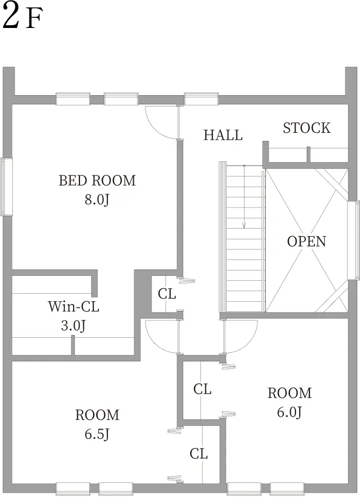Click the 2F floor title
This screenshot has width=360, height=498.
tap(22, 17)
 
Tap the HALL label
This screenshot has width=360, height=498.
tap(223, 135)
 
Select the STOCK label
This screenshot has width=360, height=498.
tap(307, 128)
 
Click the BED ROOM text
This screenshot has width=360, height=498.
tap(97, 180)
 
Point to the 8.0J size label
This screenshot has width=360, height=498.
tap(97, 200)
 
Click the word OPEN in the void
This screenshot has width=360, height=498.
tap(306, 241)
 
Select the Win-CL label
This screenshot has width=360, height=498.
tap(74, 307)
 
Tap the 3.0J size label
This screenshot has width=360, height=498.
tap(73, 325)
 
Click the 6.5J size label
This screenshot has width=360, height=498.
tap(97, 434)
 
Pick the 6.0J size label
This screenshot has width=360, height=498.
tap(289, 412)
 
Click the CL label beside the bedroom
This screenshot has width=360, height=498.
tap(167, 294)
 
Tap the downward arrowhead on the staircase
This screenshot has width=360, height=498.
tap(244, 225)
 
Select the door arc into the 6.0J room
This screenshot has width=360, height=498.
tap(248, 343)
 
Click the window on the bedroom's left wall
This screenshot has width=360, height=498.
tap(6, 187)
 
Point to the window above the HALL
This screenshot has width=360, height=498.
tap(201, 99)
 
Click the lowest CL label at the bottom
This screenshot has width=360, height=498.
tap(199, 454)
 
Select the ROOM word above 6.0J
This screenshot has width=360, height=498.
tap(290, 393)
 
